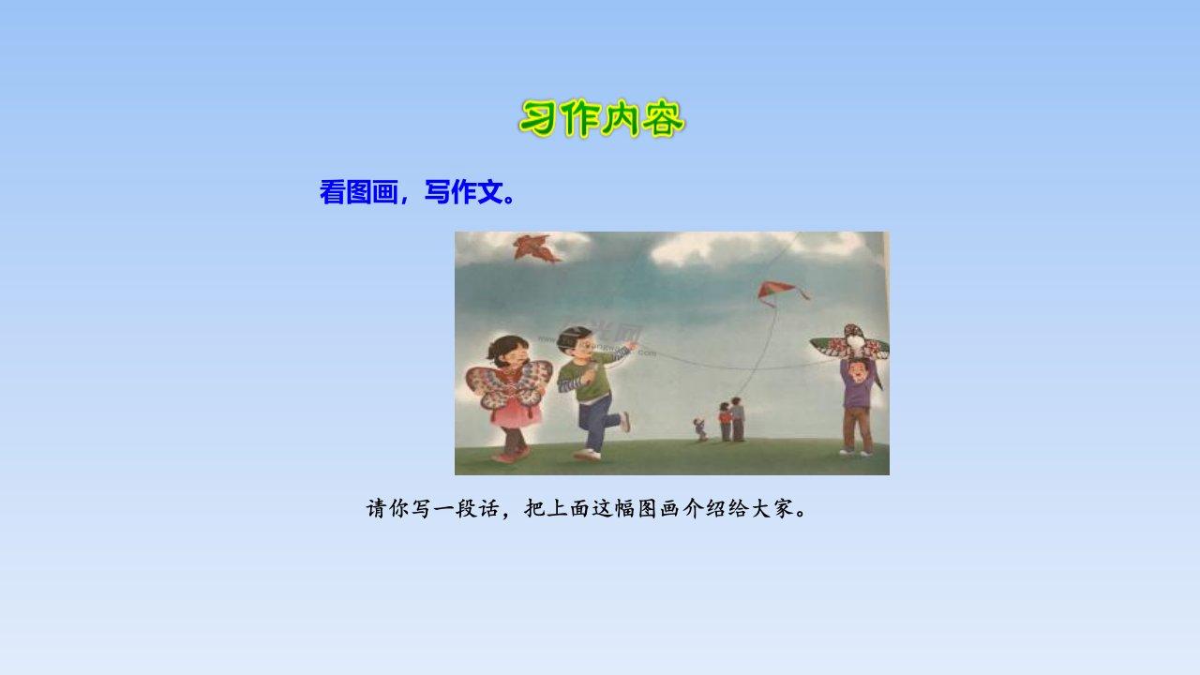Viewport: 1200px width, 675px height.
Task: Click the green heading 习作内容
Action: (x=602, y=118)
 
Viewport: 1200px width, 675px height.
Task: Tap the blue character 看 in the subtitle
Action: (x=332, y=192)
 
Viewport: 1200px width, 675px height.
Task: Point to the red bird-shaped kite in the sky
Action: (x=536, y=248)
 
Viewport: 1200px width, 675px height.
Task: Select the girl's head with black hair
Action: (x=507, y=351)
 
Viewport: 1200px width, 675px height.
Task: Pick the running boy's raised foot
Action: (x=625, y=422)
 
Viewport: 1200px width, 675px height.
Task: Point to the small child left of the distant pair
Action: (x=699, y=429)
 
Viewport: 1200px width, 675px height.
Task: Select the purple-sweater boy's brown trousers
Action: (x=857, y=429)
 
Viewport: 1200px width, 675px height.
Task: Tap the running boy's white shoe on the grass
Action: (x=588, y=455)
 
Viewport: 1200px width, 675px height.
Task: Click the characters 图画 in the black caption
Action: (x=659, y=508)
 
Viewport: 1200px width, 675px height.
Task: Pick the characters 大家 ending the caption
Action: (x=772, y=508)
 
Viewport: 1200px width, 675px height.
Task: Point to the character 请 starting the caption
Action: (x=377, y=508)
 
